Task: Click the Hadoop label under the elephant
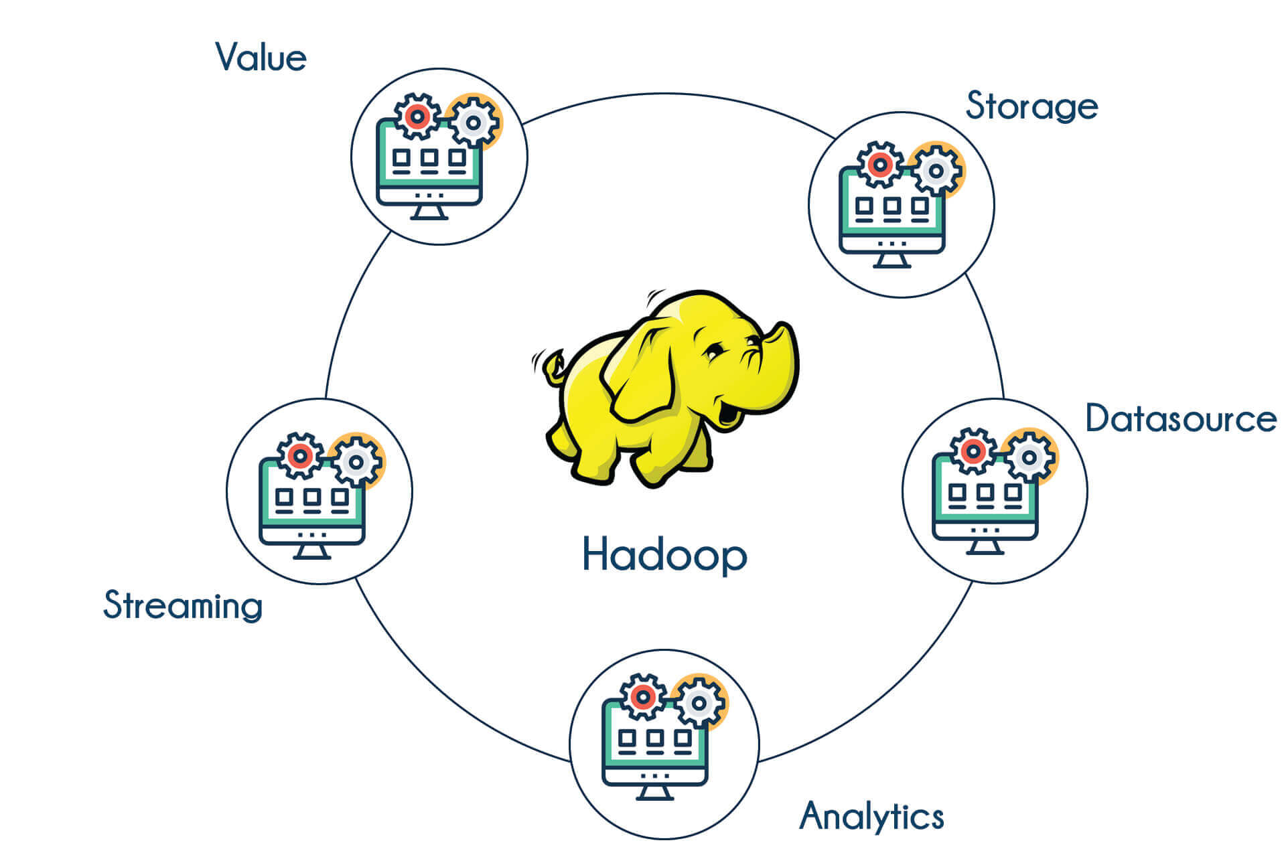point(664,555)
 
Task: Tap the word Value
point(261,58)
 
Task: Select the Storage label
point(1031,106)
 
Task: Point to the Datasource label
point(1181,419)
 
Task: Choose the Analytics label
point(871,816)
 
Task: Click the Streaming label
point(183,605)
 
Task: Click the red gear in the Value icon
point(418,116)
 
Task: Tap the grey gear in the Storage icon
point(936,171)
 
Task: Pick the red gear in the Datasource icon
point(973,451)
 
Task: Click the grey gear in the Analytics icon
point(699,703)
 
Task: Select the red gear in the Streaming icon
point(299,456)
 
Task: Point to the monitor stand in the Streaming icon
point(311,551)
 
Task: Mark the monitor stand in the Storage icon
point(891,260)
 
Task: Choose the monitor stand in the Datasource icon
point(985,546)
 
